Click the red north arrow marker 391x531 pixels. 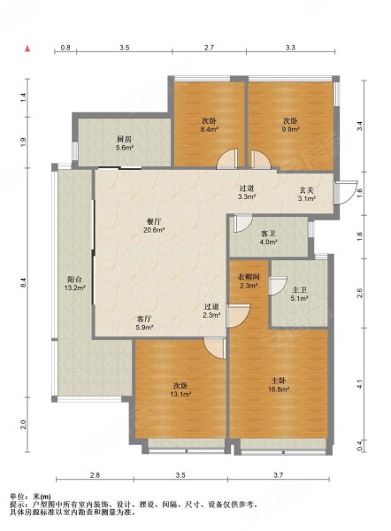[x=27, y=49]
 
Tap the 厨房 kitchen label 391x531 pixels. [x=124, y=139]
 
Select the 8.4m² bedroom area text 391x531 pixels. [x=209, y=129]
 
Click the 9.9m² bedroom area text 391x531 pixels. [x=291, y=129]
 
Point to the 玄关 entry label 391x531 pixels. [x=307, y=190]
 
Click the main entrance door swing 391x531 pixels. [x=346, y=193]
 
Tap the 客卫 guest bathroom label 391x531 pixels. [x=268, y=234]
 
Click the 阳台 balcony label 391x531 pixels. [x=74, y=280]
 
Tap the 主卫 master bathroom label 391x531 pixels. [x=299, y=290]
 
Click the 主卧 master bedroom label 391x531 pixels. [x=279, y=381]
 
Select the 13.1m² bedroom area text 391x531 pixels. [x=182, y=394]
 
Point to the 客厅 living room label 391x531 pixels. [x=144, y=319]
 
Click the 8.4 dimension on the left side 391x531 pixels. [x=23, y=282]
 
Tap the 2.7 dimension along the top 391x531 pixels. [x=209, y=48]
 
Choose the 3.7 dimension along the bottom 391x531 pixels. [x=279, y=475]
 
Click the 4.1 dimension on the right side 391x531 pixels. [x=360, y=385]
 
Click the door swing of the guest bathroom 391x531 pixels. [x=243, y=224]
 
